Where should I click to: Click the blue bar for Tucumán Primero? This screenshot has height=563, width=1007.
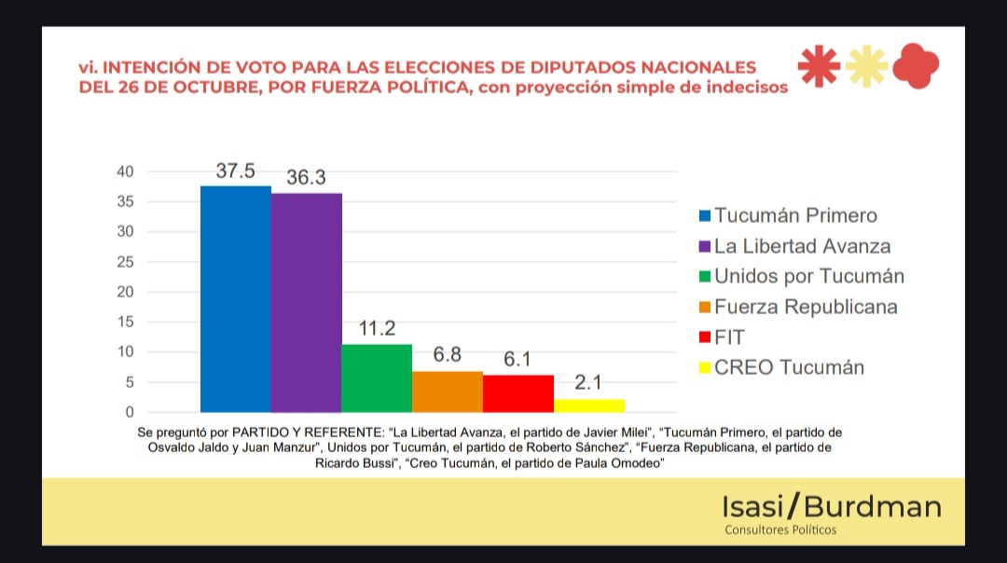pos(236,298)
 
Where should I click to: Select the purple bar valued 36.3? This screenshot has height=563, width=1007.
pos(306,302)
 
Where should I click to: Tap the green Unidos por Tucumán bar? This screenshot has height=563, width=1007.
pos(377,378)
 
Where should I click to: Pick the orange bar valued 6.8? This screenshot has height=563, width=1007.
pos(448,391)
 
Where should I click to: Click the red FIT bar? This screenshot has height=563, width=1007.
pos(518,393)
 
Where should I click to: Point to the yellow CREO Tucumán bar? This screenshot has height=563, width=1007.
pos(589,405)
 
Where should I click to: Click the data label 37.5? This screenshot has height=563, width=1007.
pos(236,172)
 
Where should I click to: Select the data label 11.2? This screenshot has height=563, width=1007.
pos(377,330)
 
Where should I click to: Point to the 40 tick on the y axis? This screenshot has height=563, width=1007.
pos(125,172)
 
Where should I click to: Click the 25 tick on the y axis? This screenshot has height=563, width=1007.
pos(125,262)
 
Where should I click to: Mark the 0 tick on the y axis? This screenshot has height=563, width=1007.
pos(130,412)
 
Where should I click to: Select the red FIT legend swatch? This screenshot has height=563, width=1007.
pos(705,337)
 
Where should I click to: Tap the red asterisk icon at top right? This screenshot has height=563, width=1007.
pos(819,68)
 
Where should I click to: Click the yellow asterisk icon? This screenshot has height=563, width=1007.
pos(866,68)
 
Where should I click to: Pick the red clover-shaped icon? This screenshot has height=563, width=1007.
pos(915,68)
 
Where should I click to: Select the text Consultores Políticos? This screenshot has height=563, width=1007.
pos(780,530)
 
